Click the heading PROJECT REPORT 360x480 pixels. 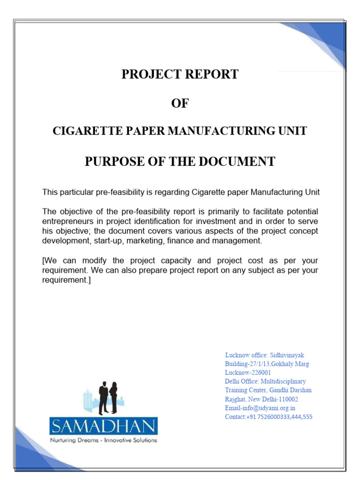coord(180,75)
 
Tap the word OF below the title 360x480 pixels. coord(180,103)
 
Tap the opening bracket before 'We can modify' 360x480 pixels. coord(44,261)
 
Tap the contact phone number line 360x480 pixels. coord(269,417)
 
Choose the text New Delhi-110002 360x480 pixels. coord(277,399)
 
